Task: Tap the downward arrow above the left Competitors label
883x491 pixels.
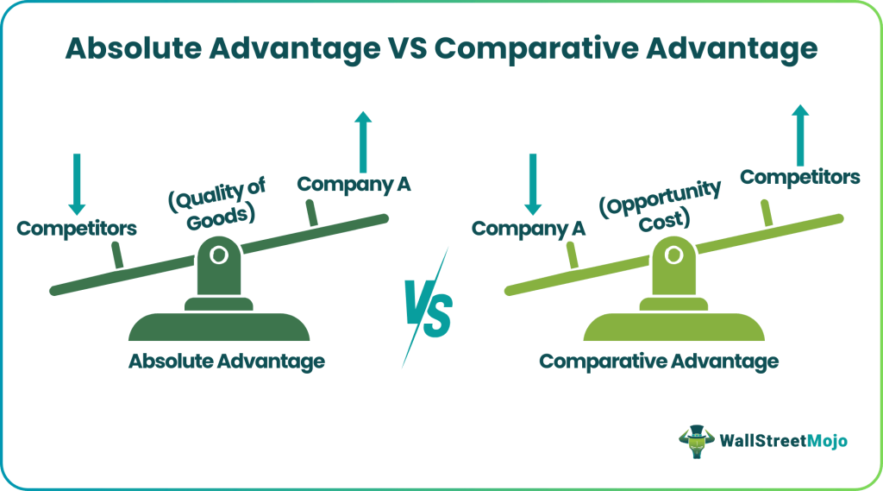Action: pyautogui.click(x=77, y=184)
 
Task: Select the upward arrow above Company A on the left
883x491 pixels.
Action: pyautogui.click(x=363, y=142)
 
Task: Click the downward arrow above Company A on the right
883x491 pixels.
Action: pyautogui.click(x=533, y=184)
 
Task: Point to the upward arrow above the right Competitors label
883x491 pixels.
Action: pyautogui.click(x=800, y=135)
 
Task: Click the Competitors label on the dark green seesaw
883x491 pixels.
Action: pyautogui.click(x=77, y=229)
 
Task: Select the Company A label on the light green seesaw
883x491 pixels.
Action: pyautogui.click(x=529, y=229)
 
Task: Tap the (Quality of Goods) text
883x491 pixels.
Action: pyautogui.click(x=217, y=204)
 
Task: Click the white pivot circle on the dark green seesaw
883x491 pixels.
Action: pyautogui.click(x=219, y=255)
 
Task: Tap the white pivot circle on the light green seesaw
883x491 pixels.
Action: pyautogui.click(x=673, y=255)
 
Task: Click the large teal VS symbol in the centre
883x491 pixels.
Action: pyautogui.click(x=428, y=308)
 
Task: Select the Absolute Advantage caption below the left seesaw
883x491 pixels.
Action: pyautogui.click(x=227, y=362)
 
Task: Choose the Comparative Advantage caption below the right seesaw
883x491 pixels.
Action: pyautogui.click(x=659, y=362)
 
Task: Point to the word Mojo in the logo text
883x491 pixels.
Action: pyautogui.click(x=827, y=440)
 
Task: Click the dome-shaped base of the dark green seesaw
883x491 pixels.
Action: pyautogui.click(x=219, y=327)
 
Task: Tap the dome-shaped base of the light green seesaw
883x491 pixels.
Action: pyautogui.click(x=674, y=327)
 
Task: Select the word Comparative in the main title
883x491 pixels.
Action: pyautogui.click(x=536, y=48)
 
